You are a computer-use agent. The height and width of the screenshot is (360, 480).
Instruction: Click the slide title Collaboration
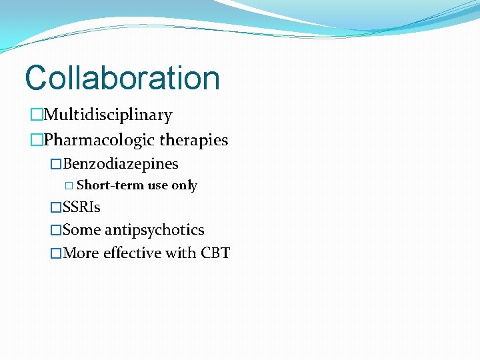(122, 78)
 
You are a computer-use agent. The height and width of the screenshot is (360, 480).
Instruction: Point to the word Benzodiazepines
(121, 164)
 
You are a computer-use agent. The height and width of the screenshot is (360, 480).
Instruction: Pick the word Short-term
(110, 185)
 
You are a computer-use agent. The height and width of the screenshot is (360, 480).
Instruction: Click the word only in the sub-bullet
(184, 185)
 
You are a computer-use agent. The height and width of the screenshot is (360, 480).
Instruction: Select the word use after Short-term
(157, 185)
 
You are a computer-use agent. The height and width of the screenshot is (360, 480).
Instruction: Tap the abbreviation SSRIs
(81, 207)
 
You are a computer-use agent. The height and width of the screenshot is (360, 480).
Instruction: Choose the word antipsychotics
(154, 230)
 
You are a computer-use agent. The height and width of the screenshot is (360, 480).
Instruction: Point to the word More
(81, 253)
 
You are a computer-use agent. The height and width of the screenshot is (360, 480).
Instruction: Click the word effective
(131, 253)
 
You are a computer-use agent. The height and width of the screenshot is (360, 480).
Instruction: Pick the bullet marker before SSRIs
(56, 208)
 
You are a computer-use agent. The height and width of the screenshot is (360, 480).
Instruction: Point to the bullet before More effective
(56, 254)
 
